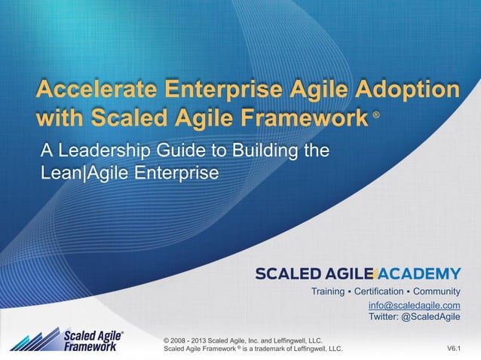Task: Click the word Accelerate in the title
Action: click(90, 92)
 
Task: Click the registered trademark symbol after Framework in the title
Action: click(376, 117)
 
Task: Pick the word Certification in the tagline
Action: click(384, 291)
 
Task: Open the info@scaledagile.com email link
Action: click(414, 305)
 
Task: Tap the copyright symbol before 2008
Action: click(167, 340)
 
